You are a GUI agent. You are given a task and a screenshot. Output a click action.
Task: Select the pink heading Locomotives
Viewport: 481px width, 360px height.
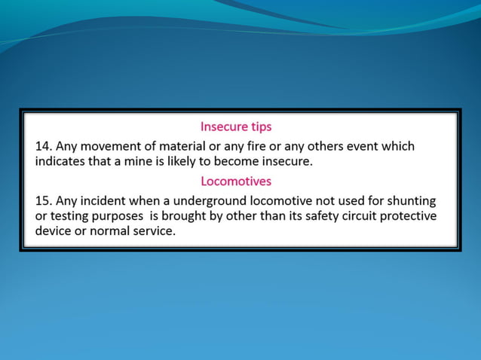point(236,182)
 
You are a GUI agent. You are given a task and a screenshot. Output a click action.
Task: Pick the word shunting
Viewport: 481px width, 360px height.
point(411,201)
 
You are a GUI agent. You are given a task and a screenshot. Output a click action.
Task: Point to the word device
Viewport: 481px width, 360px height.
point(55,232)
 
